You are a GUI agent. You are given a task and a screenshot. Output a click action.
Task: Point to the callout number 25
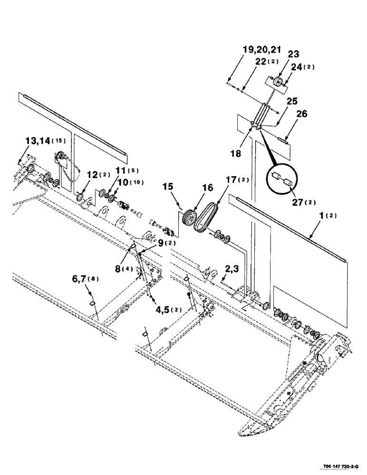tap(292, 102)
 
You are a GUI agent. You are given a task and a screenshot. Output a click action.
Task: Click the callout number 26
tap(302, 114)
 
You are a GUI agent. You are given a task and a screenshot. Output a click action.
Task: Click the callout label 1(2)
tap(328, 216)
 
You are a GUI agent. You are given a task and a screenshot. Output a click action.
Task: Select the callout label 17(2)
tap(235, 180)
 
